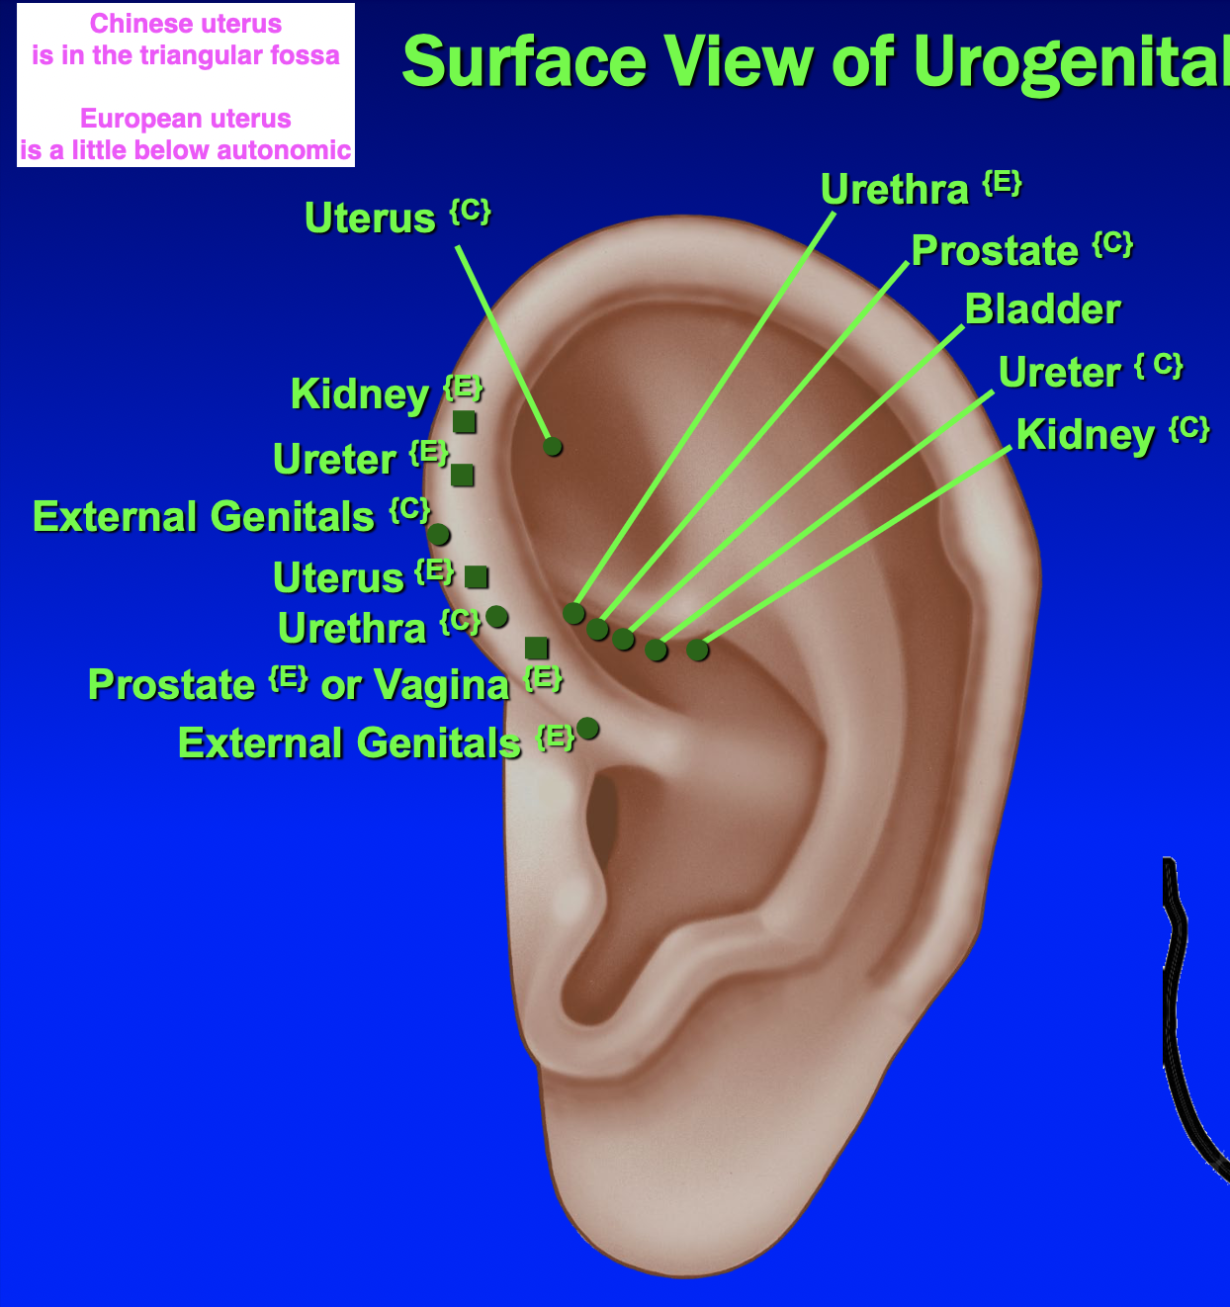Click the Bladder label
[x=1042, y=309]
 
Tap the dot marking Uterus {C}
[x=553, y=447]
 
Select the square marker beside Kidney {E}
[x=464, y=422]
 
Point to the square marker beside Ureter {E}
[x=462, y=476]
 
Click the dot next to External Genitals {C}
[x=439, y=535]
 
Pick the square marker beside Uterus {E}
[x=476, y=577]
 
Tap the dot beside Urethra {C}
[x=497, y=617]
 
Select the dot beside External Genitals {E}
[x=587, y=729]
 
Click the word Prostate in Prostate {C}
[x=995, y=251]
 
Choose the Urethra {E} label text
[x=895, y=190]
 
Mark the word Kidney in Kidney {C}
[x=1085, y=435]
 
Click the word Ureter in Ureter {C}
[x=1059, y=373]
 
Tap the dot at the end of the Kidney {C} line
[x=697, y=650]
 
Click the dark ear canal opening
[x=600, y=821]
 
